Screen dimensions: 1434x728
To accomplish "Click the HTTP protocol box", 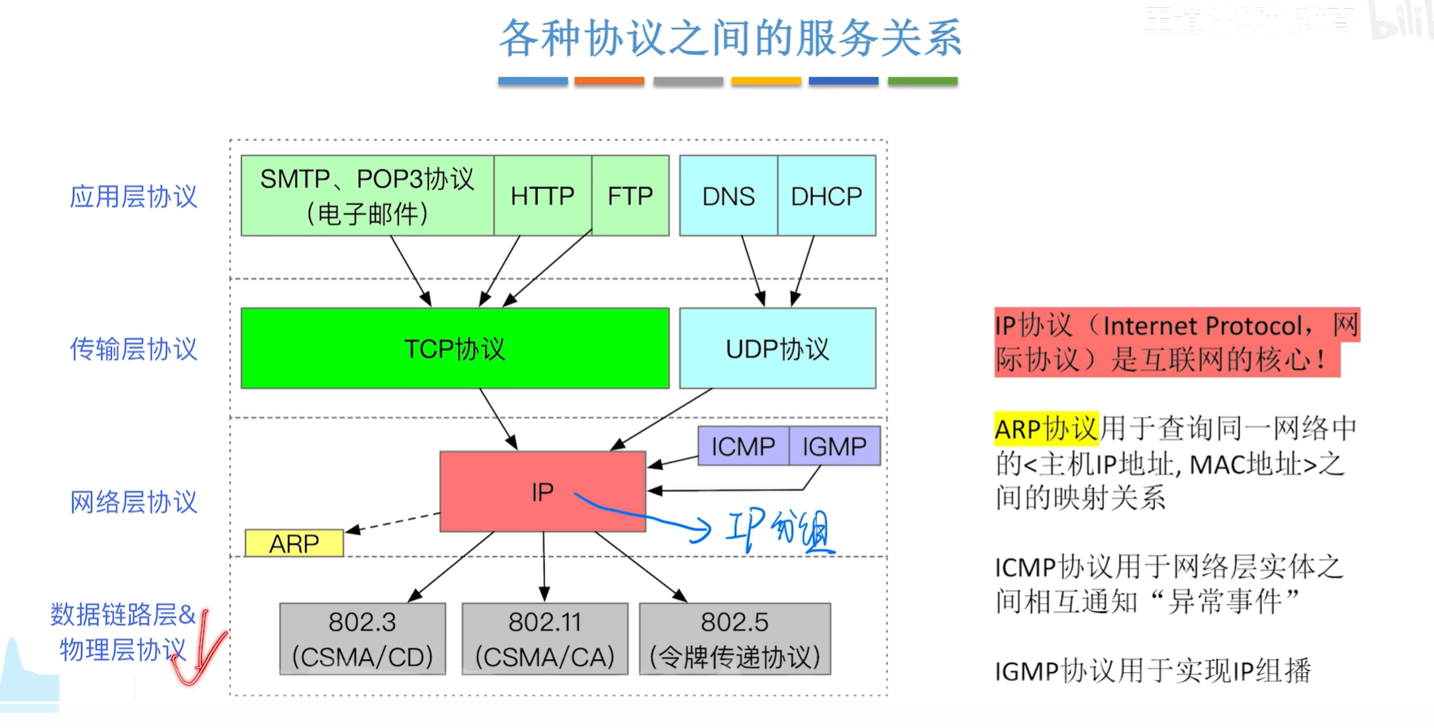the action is pyautogui.click(x=543, y=195).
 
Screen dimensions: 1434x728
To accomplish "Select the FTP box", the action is pyautogui.click(x=630, y=195).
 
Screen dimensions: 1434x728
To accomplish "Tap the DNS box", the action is pyautogui.click(x=728, y=195).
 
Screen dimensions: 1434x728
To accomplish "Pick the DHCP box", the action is pyautogui.click(x=826, y=195).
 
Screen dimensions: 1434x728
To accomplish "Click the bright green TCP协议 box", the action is pyautogui.click(x=455, y=349).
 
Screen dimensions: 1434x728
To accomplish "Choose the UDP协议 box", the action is pyautogui.click(x=778, y=349).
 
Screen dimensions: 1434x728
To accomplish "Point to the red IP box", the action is pyautogui.click(x=543, y=491).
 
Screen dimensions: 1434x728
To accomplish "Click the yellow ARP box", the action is pyautogui.click(x=294, y=543).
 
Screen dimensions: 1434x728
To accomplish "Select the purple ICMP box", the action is pyautogui.click(x=743, y=446).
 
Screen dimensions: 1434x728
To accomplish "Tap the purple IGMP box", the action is pyautogui.click(x=835, y=446).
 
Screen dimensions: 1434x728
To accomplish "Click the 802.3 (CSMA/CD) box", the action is pyautogui.click(x=363, y=639).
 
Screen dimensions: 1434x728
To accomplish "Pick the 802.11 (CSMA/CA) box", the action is pyautogui.click(x=545, y=639).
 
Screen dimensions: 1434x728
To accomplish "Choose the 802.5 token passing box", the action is pyautogui.click(x=735, y=639).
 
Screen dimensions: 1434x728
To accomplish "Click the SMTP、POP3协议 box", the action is pyautogui.click(x=367, y=195).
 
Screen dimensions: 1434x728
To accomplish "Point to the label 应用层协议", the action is pyautogui.click(x=134, y=196).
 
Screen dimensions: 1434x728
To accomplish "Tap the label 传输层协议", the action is pyautogui.click(x=134, y=349).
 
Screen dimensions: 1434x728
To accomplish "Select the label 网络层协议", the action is pyautogui.click(x=134, y=502).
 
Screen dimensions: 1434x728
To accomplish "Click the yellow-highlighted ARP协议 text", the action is pyautogui.click(x=1046, y=428).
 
